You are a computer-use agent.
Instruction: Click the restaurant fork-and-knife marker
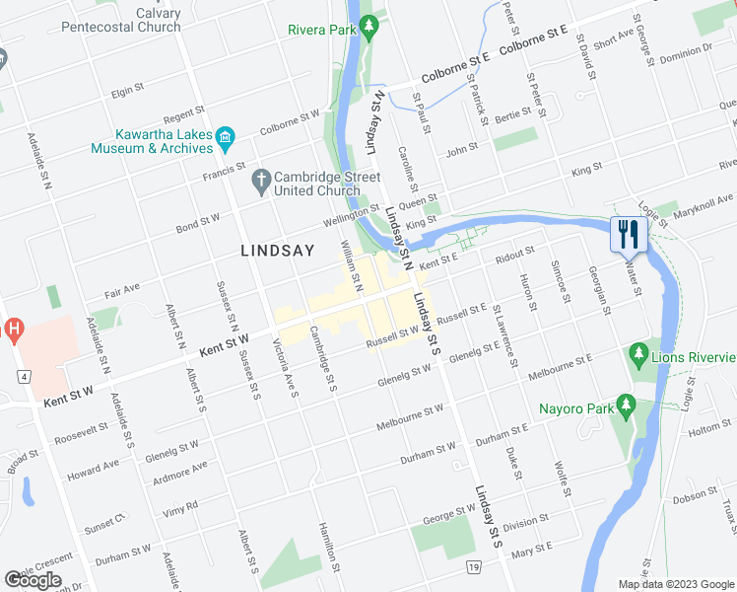[x=627, y=235]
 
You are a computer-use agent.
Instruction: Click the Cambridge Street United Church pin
[x=260, y=180]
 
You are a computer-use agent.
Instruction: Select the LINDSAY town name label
[x=278, y=251]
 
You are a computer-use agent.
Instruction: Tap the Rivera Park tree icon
[x=369, y=29]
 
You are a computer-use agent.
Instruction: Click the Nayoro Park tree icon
[x=625, y=406]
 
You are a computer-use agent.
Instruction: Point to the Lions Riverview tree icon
[x=638, y=353]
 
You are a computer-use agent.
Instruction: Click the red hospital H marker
[x=12, y=330]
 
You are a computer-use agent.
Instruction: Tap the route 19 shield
[x=474, y=567]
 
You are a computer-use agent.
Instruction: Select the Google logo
[x=33, y=579]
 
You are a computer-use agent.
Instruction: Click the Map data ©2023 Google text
[x=676, y=584]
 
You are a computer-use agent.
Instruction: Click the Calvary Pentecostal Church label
[x=121, y=20]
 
